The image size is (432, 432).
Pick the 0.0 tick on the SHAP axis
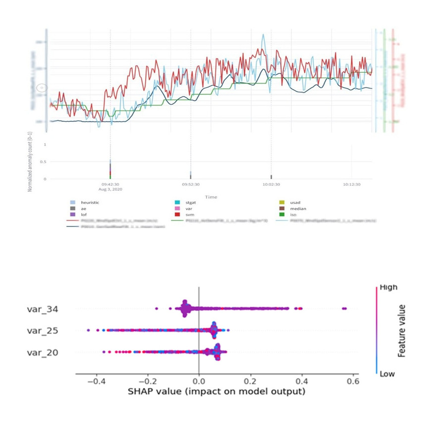199,381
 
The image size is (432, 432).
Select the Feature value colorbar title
403,331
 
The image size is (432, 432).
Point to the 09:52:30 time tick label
191,184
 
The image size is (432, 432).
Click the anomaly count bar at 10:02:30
271,177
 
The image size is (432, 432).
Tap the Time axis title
212,197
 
